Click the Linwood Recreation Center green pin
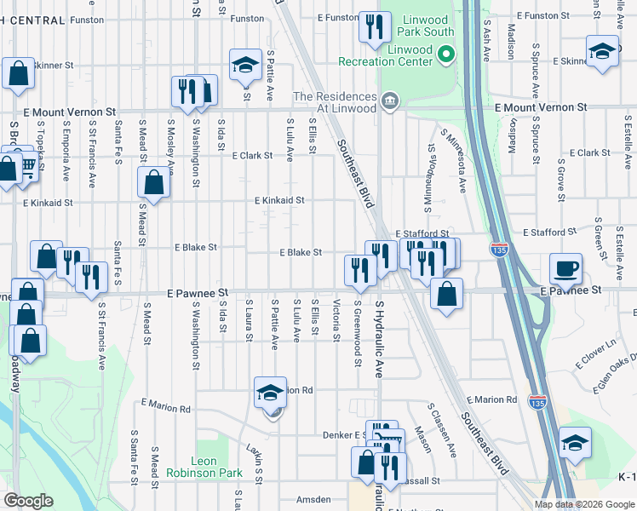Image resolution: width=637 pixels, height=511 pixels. point(445,56)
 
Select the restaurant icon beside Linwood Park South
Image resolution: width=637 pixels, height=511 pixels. point(375,27)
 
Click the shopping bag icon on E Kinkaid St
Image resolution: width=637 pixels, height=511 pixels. point(154,181)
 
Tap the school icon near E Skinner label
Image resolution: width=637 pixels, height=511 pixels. point(602,51)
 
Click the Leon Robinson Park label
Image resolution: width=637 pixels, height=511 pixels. point(204,467)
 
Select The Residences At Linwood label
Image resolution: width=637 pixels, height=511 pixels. point(334,102)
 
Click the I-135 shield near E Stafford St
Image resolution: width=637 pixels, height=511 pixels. point(500,248)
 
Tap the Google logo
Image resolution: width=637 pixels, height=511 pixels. point(28,501)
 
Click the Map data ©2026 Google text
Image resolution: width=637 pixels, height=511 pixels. point(583,504)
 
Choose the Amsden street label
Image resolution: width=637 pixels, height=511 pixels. point(313,499)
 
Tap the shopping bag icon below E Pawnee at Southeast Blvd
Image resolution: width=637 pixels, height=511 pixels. point(446,295)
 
